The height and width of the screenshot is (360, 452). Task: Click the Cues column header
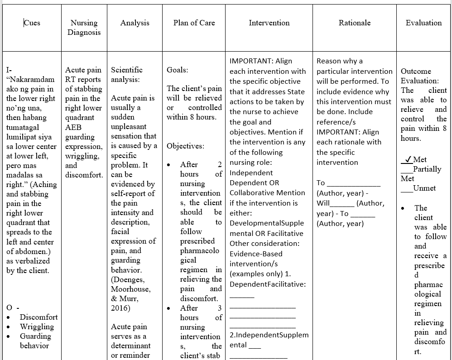pyautogui.click(x=32, y=23)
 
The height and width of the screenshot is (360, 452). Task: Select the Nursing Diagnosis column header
pyautogui.click(x=84, y=27)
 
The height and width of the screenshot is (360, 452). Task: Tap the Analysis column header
pyautogui.click(x=135, y=23)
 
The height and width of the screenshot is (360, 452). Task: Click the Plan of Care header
pyautogui.click(x=194, y=23)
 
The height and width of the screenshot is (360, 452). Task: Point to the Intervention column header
pyautogui.click(x=269, y=23)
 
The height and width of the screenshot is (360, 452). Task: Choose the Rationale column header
pyautogui.click(x=355, y=23)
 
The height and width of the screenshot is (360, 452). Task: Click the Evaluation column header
pyautogui.click(x=423, y=23)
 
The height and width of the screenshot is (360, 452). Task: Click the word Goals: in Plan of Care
pyautogui.click(x=178, y=70)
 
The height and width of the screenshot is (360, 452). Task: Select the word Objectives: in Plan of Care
pyautogui.click(x=185, y=146)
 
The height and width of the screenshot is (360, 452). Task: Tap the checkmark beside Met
pyautogui.click(x=408, y=159)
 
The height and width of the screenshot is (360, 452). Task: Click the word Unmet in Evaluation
pyautogui.click(x=425, y=188)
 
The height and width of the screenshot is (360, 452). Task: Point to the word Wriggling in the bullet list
pyautogui.click(x=37, y=326)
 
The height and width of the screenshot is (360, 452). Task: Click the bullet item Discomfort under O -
pyautogui.click(x=38, y=317)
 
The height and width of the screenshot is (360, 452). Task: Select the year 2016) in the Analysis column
pyautogui.click(x=120, y=308)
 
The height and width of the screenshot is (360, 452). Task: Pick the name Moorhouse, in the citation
pyautogui.click(x=131, y=289)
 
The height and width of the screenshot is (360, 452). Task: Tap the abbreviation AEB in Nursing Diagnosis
pyautogui.click(x=73, y=127)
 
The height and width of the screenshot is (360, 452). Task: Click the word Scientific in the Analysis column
pyautogui.click(x=127, y=70)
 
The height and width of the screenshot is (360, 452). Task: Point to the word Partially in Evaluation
pyautogui.click(x=427, y=169)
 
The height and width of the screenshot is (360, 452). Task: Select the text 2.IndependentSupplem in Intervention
pyautogui.click(x=269, y=335)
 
